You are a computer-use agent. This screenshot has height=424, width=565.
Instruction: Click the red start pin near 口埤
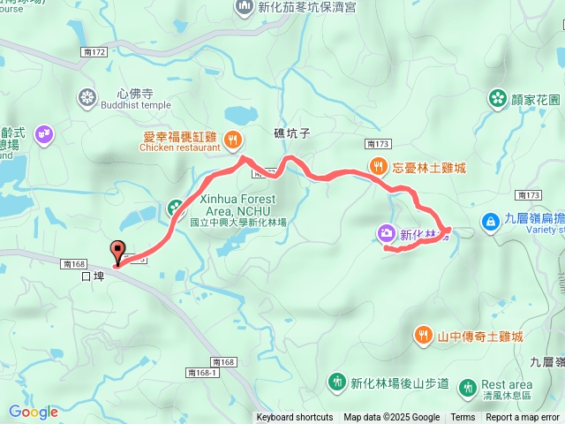click(117, 251)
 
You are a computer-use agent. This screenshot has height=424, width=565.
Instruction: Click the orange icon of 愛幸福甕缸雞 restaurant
click(232, 139)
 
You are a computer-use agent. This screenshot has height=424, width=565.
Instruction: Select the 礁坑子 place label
click(290, 133)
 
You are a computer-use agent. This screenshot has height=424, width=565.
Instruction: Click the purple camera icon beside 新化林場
click(386, 234)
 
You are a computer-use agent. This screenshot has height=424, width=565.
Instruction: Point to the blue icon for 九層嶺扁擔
click(488, 220)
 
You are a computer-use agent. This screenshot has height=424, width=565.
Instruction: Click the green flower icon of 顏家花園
click(497, 98)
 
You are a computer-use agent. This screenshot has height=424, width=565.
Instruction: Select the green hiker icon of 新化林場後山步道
click(336, 382)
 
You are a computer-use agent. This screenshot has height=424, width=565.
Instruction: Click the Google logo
click(33, 412)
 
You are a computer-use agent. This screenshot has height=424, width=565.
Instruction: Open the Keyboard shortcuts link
click(295, 418)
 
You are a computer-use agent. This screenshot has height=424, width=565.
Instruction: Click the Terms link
click(463, 418)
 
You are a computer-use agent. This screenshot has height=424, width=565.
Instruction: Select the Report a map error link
click(524, 418)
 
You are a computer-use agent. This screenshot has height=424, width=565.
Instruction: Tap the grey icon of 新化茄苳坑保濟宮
click(244, 8)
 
